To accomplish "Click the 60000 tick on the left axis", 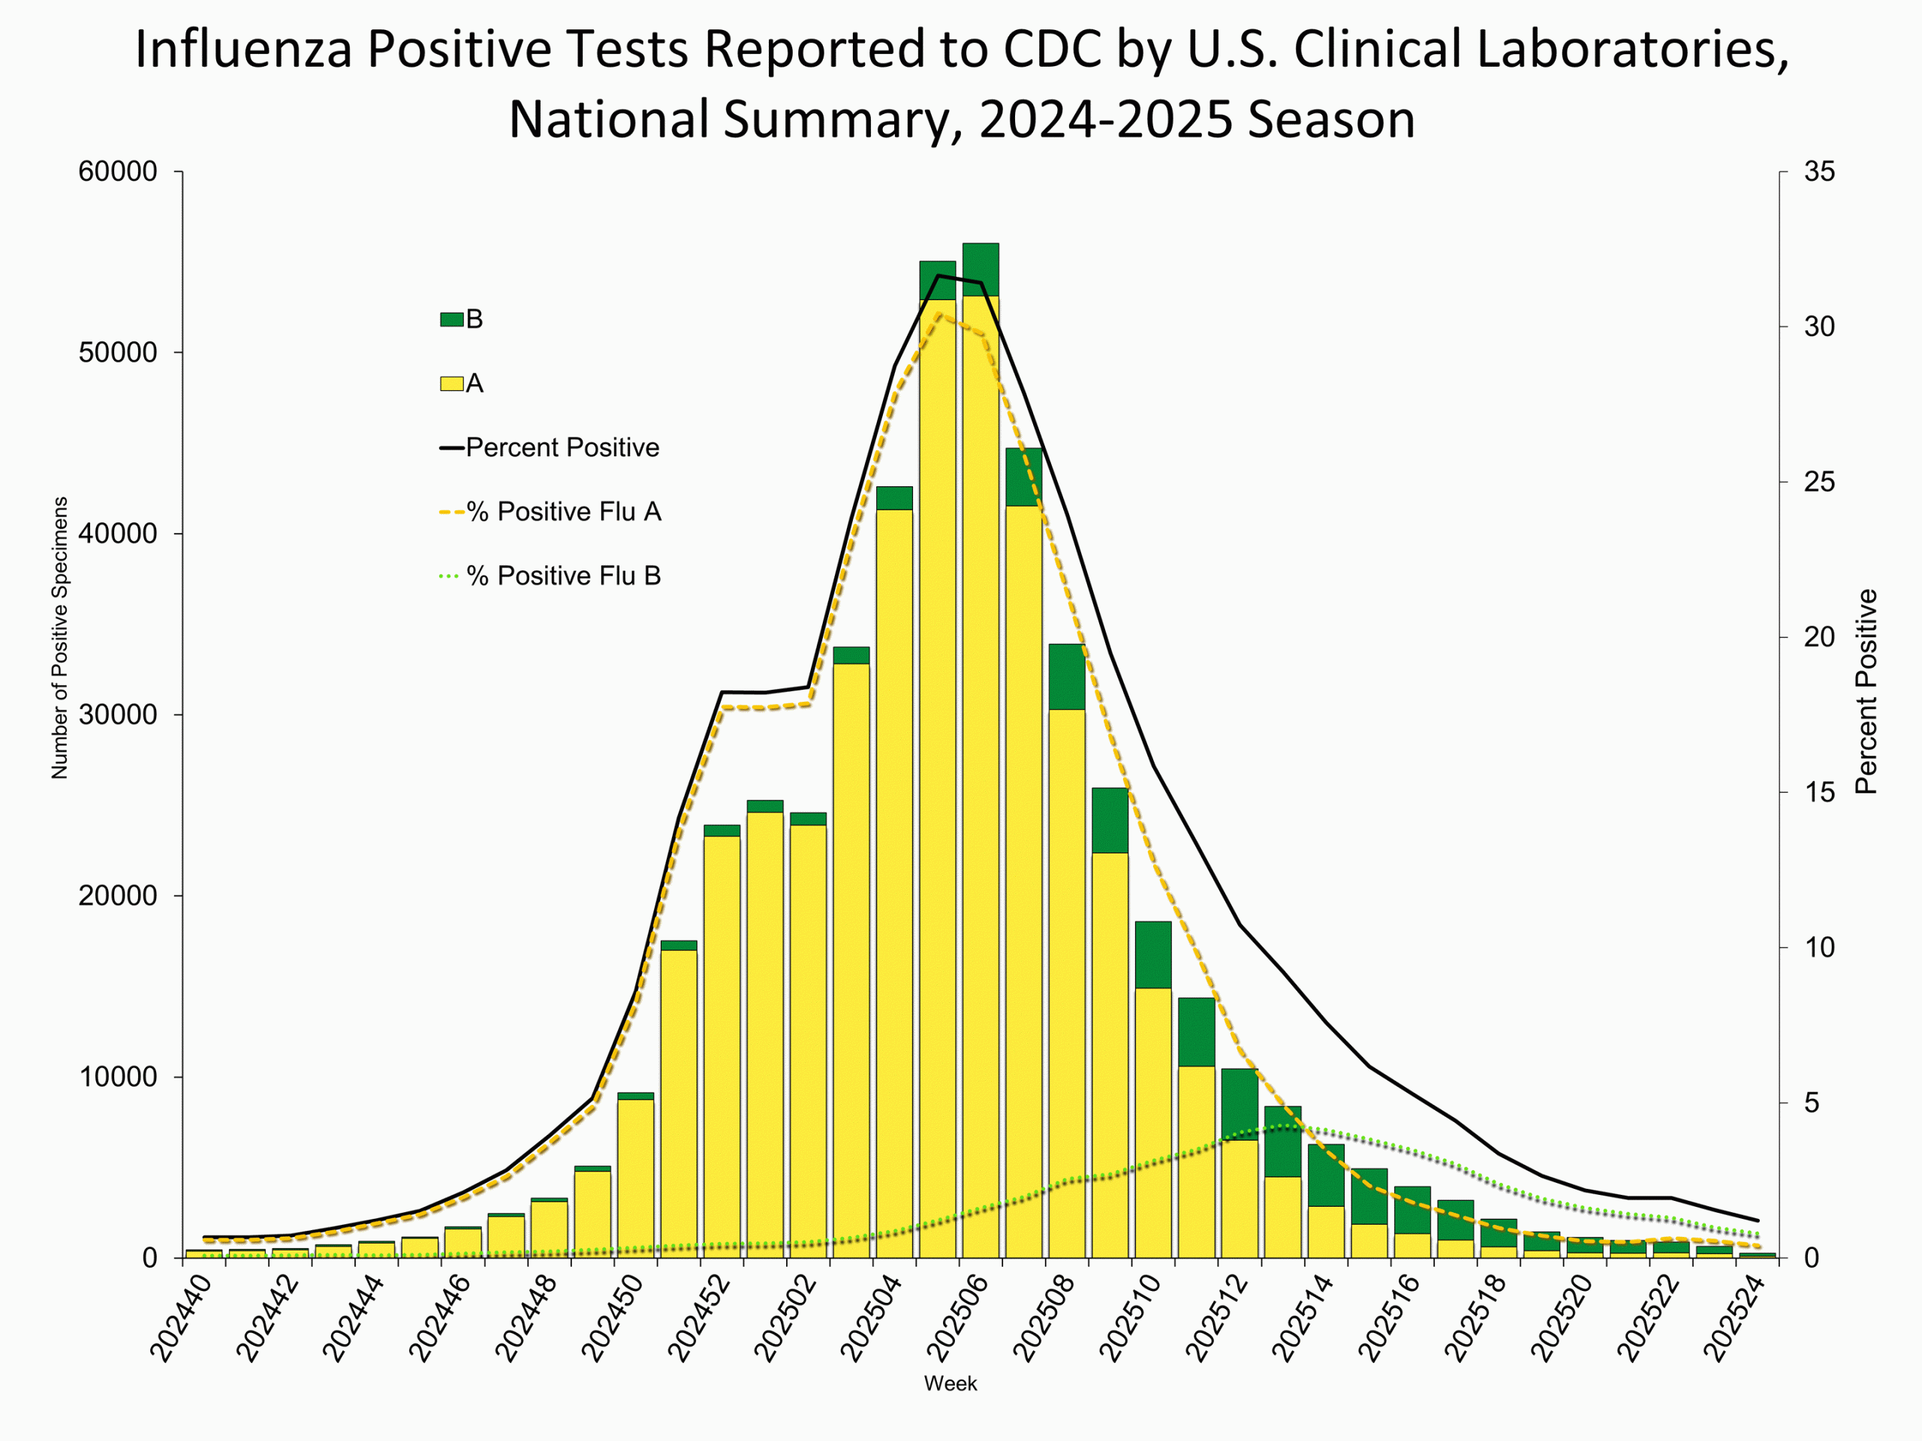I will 118,172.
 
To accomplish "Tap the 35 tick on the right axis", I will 1819,172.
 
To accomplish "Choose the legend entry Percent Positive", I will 562,448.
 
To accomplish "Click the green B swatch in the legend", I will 451,320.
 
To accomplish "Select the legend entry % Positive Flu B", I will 563,576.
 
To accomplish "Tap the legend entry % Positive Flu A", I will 563,513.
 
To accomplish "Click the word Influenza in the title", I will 243,50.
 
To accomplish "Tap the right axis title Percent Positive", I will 1866,691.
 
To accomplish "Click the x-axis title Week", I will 950,1384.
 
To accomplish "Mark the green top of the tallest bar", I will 980,269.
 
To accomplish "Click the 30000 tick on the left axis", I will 118,714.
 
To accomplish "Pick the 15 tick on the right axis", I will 1819,792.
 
